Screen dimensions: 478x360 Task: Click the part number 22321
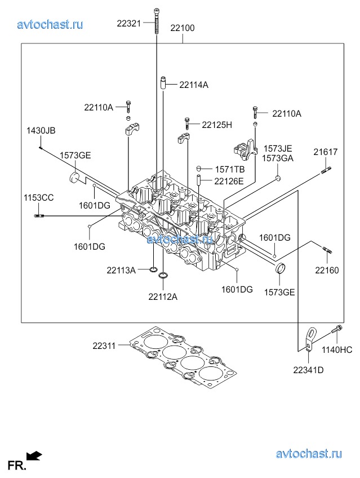click(130, 24)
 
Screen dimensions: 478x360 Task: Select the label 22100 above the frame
click(183, 28)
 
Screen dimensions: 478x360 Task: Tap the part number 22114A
click(194, 85)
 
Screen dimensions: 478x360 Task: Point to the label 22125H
click(217, 125)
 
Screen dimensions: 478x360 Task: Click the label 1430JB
click(41, 131)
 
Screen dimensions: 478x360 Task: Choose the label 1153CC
click(38, 197)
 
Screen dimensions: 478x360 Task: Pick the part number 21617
click(326, 152)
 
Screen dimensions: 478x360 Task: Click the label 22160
click(327, 270)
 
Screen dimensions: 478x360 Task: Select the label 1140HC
click(337, 350)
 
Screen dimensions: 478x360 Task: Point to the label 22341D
click(308, 370)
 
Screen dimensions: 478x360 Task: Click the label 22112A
click(163, 296)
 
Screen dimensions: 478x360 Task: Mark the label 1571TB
click(229, 169)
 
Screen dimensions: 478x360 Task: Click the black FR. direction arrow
click(34, 455)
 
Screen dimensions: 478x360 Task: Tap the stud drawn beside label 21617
click(326, 167)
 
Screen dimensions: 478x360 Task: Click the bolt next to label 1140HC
click(337, 334)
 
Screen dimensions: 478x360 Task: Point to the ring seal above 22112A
click(163, 276)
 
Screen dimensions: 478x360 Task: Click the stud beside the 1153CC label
click(39, 215)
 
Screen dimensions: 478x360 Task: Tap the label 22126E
click(229, 181)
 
